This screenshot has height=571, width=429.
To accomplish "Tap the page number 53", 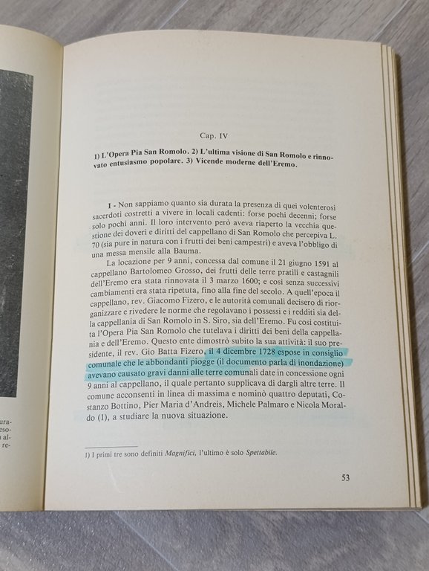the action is (346, 477).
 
